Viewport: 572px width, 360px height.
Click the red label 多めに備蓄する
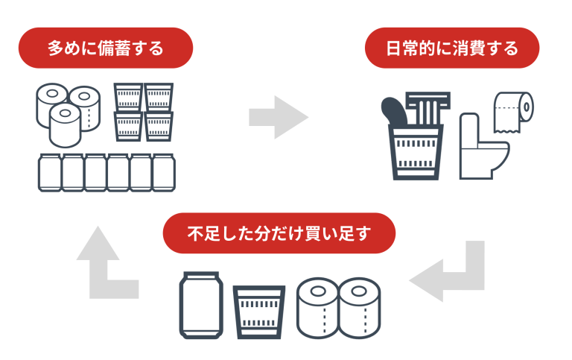point(105,48)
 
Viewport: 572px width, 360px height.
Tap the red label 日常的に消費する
point(452,49)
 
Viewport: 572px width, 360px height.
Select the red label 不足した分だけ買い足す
point(279,233)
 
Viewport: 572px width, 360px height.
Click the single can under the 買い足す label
point(199,305)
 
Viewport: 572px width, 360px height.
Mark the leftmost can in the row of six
point(49,173)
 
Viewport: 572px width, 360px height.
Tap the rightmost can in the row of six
point(163,173)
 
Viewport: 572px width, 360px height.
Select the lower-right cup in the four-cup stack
point(158,126)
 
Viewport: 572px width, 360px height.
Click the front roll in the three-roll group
point(65,124)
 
